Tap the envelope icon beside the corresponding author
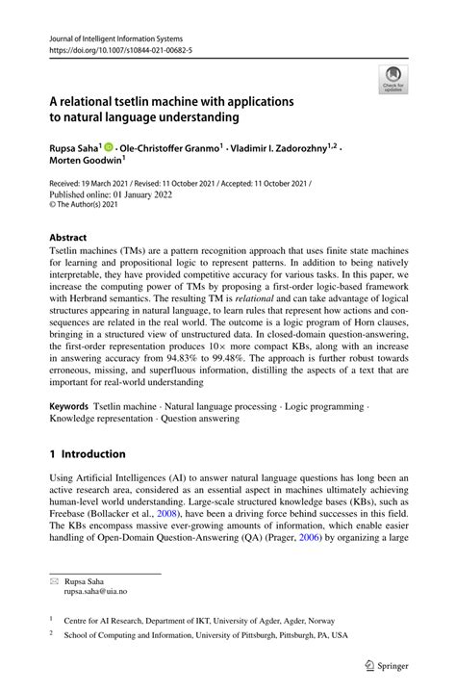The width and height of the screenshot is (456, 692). (54, 581)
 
